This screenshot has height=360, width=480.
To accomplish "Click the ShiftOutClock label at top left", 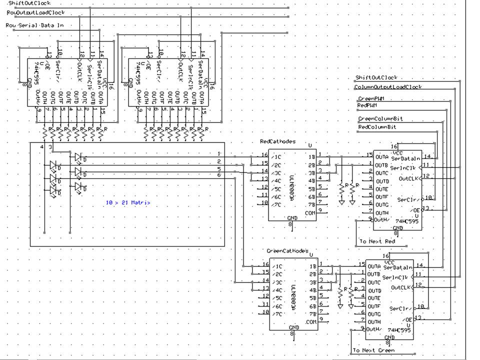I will coord(29,3).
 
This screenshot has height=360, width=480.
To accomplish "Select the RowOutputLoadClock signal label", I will coord(35,12).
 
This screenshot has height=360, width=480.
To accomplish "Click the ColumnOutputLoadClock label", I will coord(388,87).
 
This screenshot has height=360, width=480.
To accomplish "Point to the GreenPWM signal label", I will coord(374,99).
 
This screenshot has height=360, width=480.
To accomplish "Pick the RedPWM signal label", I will coord(367,105).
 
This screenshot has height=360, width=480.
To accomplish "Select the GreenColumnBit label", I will coord(380,119).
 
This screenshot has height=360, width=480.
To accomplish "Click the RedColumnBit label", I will coord(377,127).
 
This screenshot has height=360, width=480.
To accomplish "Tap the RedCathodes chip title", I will coord(277,141).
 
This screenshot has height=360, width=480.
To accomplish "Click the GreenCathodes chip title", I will coord(287,251).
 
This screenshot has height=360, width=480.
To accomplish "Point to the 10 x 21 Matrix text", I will coord(128,202).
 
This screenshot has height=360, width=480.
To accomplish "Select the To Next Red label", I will coord(377,241).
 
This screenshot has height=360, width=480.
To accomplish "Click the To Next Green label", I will coord(373,350).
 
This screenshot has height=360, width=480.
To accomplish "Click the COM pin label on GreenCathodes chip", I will coord(311,322).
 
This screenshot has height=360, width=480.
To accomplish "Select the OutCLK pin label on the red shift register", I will coord(407,178).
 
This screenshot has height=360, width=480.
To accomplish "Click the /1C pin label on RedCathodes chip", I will coord(276,156).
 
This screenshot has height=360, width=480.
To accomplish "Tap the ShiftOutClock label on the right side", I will coord(376,78).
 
